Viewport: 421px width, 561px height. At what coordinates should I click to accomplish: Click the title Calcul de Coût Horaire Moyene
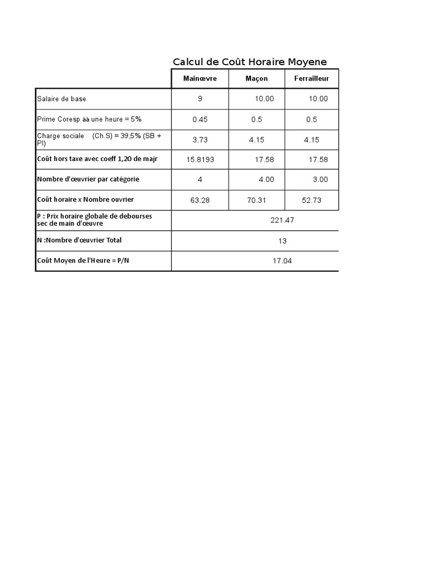click(x=249, y=62)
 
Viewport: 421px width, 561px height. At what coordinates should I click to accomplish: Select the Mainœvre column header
click(x=200, y=79)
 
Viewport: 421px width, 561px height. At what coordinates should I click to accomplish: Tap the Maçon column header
click(x=257, y=79)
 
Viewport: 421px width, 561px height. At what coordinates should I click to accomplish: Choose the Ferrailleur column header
click(x=311, y=79)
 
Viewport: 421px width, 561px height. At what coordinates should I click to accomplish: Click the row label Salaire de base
click(x=61, y=99)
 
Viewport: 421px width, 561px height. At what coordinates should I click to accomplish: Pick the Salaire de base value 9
click(x=200, y=99)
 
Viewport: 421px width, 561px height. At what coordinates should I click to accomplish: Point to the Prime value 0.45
click(x=200, y=119)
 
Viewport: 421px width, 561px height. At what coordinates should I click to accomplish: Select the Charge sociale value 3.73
click(x=200, y=140)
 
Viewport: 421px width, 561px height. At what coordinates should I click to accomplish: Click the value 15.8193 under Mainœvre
click(x=200, y=159)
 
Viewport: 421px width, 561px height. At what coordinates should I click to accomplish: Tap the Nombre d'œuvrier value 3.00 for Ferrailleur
click(x=320, y=179)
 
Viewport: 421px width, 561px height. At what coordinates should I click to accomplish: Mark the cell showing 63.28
click(x=200, y=201)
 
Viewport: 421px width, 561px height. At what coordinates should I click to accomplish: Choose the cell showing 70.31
click(x=257, y=201)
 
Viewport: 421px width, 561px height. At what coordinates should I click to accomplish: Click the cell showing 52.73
click(x=311, y=201)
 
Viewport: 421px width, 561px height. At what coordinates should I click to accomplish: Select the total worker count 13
click(x=282, y=241)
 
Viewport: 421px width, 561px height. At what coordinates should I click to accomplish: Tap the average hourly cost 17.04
click(x=282, y=261)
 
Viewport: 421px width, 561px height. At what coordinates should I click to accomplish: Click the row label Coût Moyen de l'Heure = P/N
click(x=83, y=261)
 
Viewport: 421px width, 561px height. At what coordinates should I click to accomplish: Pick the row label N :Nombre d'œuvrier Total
click(x=79, y=240)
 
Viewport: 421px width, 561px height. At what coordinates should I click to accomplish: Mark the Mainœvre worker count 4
click(x=200, y=179)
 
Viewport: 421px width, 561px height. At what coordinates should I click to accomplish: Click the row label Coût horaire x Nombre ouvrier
click(x=85, y=199)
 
